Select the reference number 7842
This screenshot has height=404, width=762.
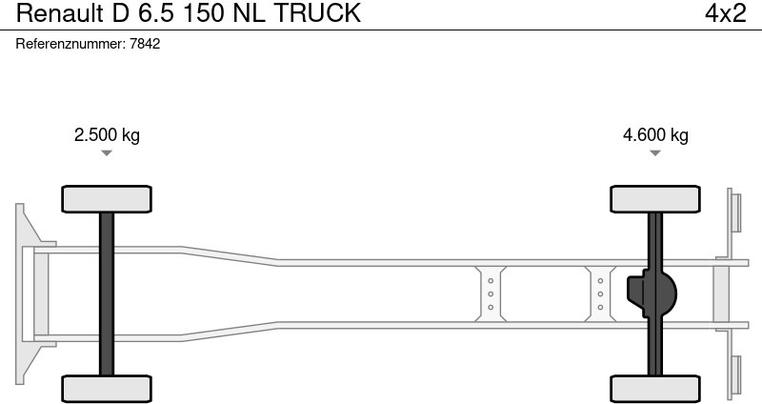click(x=145, y=44)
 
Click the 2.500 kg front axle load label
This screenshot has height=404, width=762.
click(x=107, y=134)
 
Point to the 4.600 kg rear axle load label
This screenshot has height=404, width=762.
click(x=655, y=134)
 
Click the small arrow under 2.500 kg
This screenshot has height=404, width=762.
click(x=107, y=153)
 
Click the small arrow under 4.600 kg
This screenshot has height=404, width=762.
click(x=655, y=153)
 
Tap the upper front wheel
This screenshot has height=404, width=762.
click(x=107, y=198)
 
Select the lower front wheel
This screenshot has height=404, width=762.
click(x=107, y=388)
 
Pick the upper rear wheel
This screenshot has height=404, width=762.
click(x=655, y=198)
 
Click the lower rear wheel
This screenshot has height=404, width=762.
click(x=655, y=388)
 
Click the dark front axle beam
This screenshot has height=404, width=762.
click(x=107, y=293)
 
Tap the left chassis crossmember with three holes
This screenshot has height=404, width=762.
click(x=491, y=293)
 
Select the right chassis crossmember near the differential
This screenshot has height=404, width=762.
click(x=601, y=293)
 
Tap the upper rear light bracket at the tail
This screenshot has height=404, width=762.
click(x=734, y=210)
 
